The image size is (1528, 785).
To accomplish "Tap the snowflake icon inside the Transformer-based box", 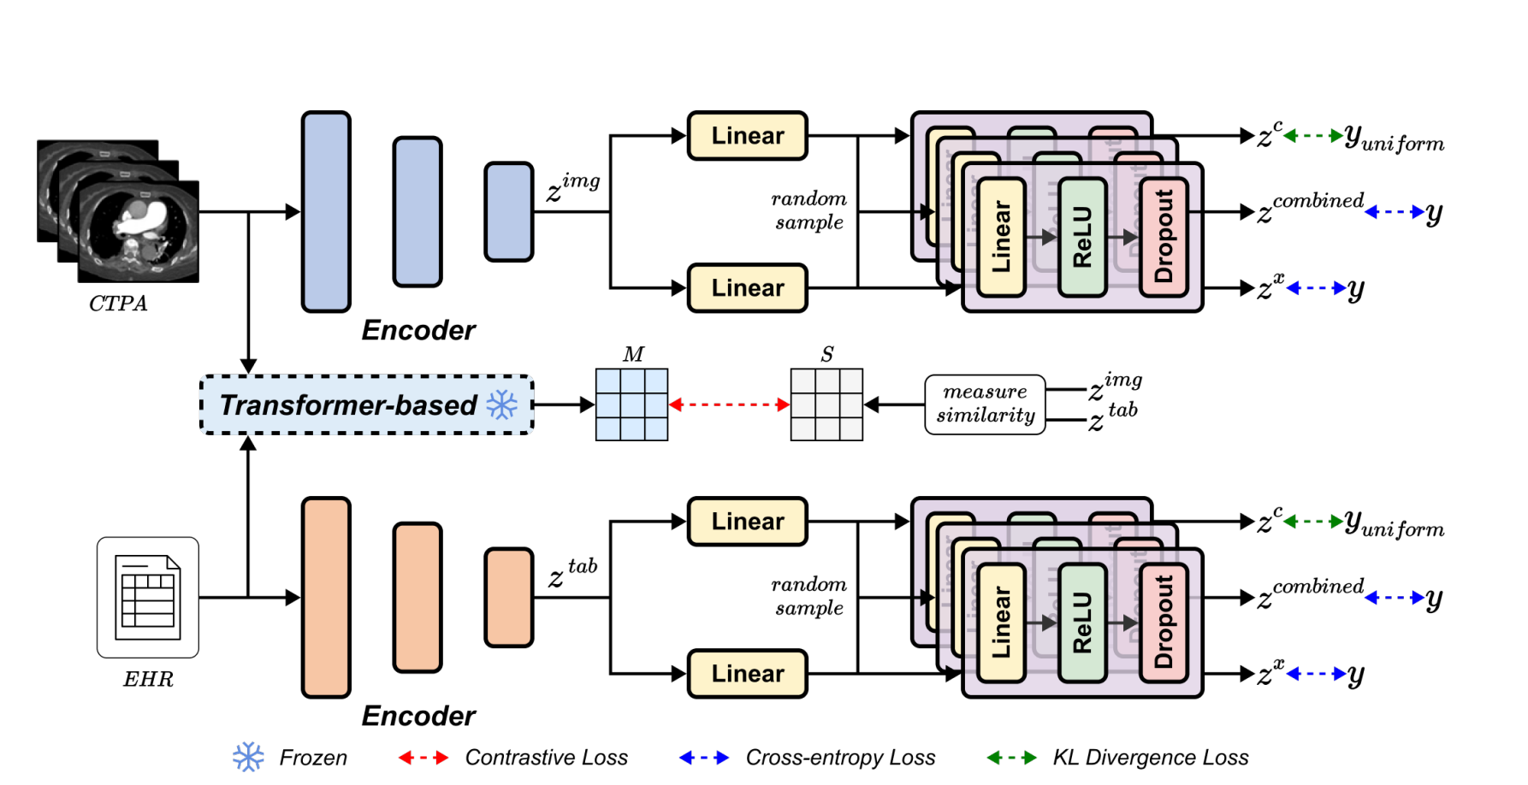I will coord(502,404).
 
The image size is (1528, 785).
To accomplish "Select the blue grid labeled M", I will coord(631,404).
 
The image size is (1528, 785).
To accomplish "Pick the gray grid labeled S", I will coord(826,404).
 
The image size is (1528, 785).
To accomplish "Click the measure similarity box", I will coord(985,404).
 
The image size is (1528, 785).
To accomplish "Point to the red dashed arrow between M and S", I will coord(729,404).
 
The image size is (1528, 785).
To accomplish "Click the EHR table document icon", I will coord(148,597).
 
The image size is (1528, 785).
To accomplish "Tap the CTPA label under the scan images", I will coord(118,304).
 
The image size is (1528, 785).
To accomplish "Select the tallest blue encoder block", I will coord(326,211).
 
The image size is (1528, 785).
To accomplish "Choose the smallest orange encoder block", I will coord(508,597).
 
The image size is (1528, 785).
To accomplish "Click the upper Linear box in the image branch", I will coord(747,135).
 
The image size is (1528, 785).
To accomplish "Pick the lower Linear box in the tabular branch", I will coord(747,674).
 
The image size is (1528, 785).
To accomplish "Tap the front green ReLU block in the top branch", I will coord(1082,237).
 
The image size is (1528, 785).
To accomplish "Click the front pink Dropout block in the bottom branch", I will coord(1164,622).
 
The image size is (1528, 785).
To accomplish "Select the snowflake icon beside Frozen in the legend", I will coord(248,757).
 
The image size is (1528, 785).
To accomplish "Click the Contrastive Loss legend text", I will coord(546,758).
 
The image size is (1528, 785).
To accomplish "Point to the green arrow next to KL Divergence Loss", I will coord(1011,757).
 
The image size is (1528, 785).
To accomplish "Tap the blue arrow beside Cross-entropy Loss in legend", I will coord(703,757).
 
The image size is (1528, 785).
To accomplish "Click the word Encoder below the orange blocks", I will coord(418,716).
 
